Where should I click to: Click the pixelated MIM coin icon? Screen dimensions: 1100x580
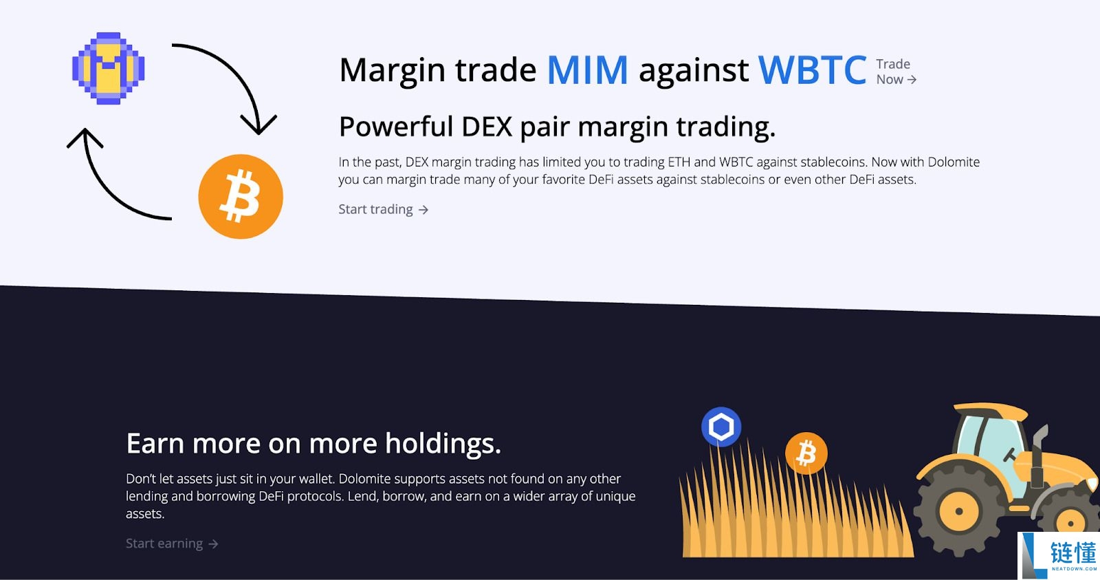tap(109, 68)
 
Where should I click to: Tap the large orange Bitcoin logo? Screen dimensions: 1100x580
tap(241, 197)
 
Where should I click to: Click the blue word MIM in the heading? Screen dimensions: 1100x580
tap(587, 70)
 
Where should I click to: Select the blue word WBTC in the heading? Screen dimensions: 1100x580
tap(812, 69)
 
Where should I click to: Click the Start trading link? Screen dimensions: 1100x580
tap(384, 209)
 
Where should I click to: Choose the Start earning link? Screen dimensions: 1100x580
tap(172, 544)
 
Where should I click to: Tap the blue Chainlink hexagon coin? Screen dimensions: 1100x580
tap(721, 426)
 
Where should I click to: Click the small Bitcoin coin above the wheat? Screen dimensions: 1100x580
tap(806, 453)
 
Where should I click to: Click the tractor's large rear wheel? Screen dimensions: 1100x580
tap(958, 511)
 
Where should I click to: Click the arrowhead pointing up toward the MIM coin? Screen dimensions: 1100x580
tap(85, 138)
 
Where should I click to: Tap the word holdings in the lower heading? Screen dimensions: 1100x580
tap(443, 443)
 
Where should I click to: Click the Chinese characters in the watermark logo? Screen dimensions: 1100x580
tap(1073, 552)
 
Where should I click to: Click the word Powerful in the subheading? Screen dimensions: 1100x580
tap(396, 127)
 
